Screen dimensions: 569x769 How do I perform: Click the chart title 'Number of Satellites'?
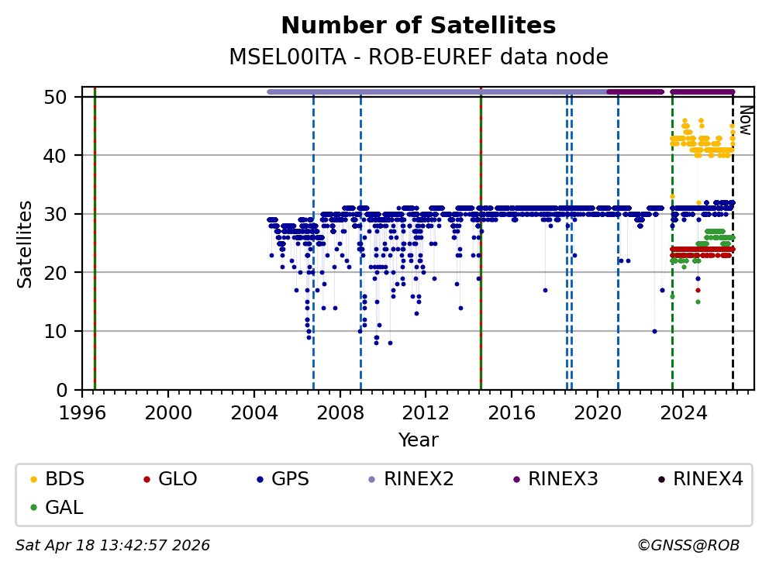(418, 26)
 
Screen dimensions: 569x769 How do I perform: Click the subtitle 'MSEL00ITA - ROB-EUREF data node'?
(418, 57)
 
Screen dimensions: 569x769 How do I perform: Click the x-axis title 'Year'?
(418, 440)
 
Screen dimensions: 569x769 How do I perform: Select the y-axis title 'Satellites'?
(26, 243)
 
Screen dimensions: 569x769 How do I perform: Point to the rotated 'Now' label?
(744, 120)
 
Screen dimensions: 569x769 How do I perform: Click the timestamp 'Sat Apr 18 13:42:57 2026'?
(112, 546)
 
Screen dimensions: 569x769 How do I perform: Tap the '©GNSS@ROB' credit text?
(688, 546)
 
